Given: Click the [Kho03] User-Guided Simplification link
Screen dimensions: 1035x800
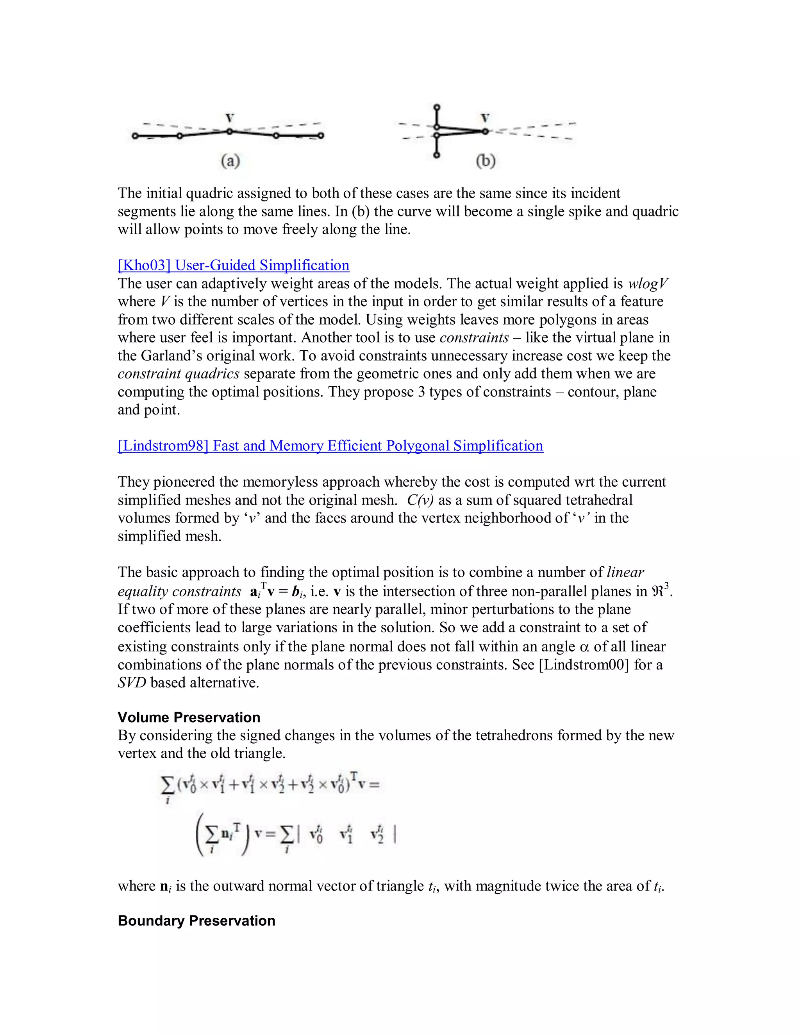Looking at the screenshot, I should click(x=233, y=265).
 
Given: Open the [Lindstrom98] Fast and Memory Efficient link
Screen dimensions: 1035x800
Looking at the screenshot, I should click(x=330, y=446).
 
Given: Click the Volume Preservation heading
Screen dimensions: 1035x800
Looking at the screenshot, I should click(x=189, y=717).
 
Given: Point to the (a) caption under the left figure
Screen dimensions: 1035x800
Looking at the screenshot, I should click(x=230, y=161).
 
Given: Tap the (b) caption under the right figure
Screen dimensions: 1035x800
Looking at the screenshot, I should click(x=485, y=161).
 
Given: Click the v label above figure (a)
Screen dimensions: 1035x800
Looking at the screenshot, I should click(x=230, y=118).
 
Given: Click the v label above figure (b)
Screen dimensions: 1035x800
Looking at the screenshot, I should click(x=485, y=118).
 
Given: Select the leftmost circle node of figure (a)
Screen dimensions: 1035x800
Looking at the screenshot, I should click(x=135, y=136).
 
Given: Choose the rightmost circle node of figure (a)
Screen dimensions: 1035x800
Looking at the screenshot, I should click(x=321, y=136).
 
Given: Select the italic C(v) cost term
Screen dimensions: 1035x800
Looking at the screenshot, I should click(x=420, y=500).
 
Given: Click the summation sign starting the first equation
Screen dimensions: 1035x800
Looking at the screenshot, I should click(x=167, y=785).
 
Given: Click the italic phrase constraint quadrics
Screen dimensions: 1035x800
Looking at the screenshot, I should click(x=179, y=374).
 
